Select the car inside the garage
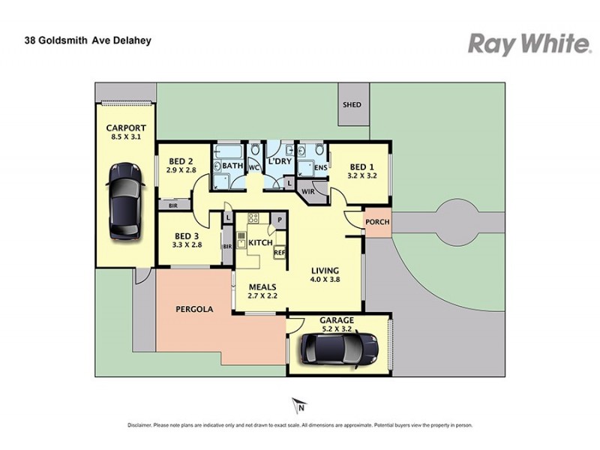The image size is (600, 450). (339, 347)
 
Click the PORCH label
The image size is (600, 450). (376, 223)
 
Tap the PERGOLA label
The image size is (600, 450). (194, 309)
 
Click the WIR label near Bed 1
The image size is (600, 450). (308, 193)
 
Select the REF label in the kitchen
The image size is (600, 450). (279, 253)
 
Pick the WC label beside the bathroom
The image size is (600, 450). (253, 167)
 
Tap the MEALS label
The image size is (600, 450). (262, 286)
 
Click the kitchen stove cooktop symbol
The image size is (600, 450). (253, 219)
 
